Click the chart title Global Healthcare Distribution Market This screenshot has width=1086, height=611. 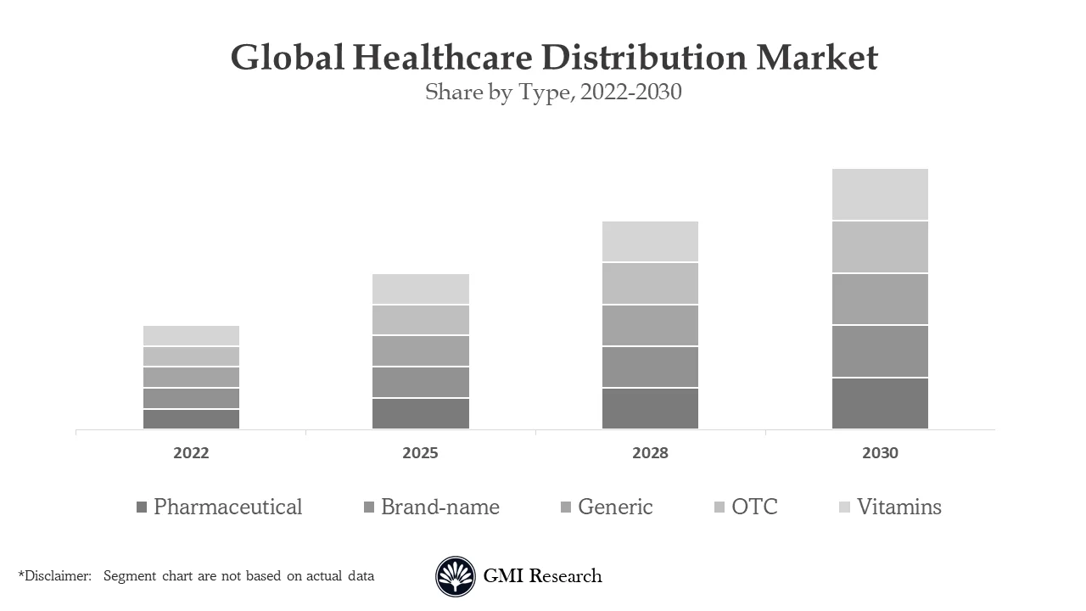point(554,58)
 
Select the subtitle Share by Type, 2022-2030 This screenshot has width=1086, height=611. point(553,92)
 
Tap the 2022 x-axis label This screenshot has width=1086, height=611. point(191,453)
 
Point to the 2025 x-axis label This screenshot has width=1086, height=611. point(420,453)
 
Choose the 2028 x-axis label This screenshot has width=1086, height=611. point(650,453)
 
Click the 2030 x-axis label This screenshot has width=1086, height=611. point(880,453)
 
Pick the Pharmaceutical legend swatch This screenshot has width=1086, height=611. point(142,507)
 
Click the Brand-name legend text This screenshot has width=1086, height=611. point(439,507)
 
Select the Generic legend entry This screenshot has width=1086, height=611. point(615,507)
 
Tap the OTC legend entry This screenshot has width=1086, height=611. point(754,507)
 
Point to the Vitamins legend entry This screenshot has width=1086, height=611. point(898,507)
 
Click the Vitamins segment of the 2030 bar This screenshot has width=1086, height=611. point(880,194)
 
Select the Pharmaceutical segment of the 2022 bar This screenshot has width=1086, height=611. point(191,419)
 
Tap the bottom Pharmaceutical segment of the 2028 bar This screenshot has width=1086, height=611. point(650,408)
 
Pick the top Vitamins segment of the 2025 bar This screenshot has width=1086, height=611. point(420,289)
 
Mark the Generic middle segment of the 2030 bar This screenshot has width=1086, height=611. point(880,299)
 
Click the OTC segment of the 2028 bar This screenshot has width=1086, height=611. point(650,283)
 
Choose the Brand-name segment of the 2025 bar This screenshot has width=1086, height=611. point(420,382)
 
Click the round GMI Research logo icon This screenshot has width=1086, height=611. point(456,577)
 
